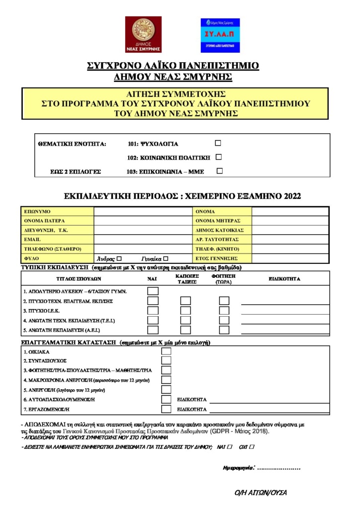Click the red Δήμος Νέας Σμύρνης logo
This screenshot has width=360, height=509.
click(143, 34)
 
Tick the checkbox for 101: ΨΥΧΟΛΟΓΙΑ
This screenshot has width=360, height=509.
click(218, 143)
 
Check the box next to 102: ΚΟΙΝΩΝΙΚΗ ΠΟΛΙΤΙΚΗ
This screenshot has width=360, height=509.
click(218, 157)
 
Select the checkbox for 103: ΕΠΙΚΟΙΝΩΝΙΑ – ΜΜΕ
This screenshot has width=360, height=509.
click(219, 171)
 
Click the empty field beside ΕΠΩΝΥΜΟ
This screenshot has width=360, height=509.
click(143, 211)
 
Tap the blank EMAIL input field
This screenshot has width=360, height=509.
click(143, 240)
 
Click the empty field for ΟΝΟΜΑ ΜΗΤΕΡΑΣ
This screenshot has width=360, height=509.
click(290, 221)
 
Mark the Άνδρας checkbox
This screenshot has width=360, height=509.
click(119, 258)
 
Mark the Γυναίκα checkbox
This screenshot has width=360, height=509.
click(166, 258)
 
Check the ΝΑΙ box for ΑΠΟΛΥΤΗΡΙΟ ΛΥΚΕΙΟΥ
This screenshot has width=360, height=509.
click(153, 291)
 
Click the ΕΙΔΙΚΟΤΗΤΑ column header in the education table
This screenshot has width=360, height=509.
click(284, 279)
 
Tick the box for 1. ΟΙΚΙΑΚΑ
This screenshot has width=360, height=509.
click(166, 351)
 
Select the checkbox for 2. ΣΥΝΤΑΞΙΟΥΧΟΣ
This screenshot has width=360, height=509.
click(166, 360)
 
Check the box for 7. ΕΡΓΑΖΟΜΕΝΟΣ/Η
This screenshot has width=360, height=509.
click(166, 409)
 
